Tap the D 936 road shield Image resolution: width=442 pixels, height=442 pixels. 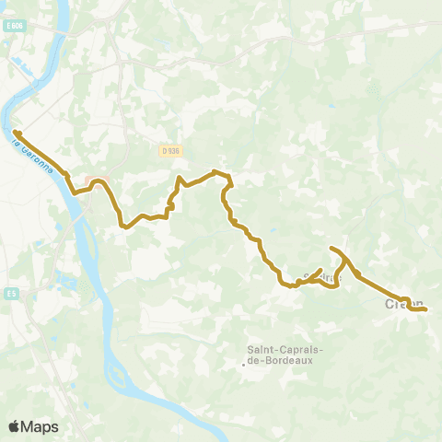169,150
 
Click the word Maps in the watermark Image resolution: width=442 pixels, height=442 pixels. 41,426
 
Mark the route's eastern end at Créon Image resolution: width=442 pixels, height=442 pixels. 426,309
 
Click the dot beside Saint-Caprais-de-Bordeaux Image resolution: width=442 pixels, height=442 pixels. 244,364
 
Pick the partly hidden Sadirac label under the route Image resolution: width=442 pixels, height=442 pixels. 321,276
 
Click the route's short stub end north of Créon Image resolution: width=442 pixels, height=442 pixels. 331,249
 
